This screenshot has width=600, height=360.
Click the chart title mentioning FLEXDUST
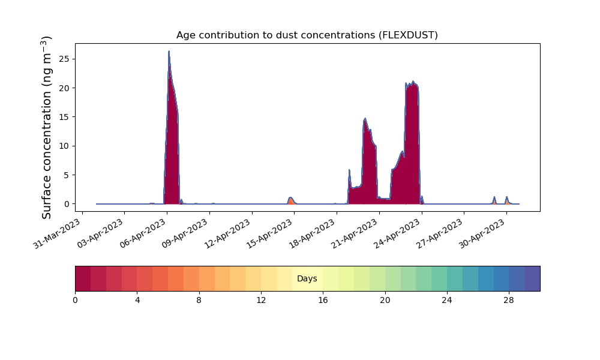tap(307, 35)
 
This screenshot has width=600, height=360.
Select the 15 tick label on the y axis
tap(65, 117)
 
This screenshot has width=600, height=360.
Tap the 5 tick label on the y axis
tap(67, 175)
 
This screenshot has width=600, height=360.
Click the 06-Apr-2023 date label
tap(143, 234)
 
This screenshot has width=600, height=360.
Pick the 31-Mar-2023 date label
tap(58, 234)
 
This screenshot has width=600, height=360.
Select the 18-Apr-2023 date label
tap(313, 234)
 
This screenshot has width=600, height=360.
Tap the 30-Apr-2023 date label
tap(482, 234)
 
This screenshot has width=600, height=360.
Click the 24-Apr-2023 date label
tap(398, 234)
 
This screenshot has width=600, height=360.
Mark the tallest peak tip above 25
tap(169, 51)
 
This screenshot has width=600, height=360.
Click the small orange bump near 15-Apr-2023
tap(291, 200)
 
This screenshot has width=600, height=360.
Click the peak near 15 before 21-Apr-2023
tap(365, 119)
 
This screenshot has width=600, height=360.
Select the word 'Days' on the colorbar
tap(307, 278)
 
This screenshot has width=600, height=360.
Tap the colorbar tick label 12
tap(261, 301)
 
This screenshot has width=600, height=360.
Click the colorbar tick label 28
tap(509, 301)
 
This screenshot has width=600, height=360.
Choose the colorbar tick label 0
tap(75, 301)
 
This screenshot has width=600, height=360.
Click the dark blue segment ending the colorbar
tap(532, 278)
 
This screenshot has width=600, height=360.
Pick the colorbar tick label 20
tap(385, 301)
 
